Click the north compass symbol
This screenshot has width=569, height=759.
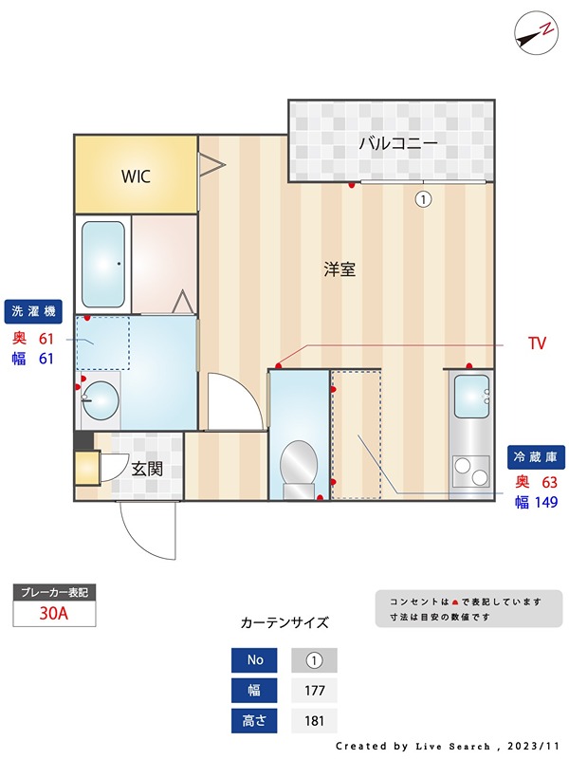pyautogui.click(x=535, y=31)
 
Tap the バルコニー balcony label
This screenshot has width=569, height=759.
pyautogui.click(x=397, y=144)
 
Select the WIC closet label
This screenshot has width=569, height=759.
pyautogui.click(x=135, y=176)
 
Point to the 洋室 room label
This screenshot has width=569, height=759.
pyautogui.click(x=340, y=269)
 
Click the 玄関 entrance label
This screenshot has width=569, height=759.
pyautogui.click(x=146, y=468)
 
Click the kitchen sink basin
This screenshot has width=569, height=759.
pyautogui.click(x=470, y=396)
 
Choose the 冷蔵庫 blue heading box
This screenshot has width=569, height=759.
pyautogui.click(x=534, y=455)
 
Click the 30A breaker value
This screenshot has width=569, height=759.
pyautogui.click(x=54, y=613)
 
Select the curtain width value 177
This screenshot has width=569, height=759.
pyautogui.click(x=314, y=691)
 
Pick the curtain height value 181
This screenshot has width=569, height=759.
pyautogui.click(x=314, y=721)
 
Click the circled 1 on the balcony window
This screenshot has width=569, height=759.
pyautogui.click(x=423, y=199)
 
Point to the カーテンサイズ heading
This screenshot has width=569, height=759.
pyautogui.click(x=284, y=623)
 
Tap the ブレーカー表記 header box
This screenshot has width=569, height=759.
pyautogui.click(x=54, y=592)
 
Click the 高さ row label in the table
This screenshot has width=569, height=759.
pyautogui.click(x=255, y=721)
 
